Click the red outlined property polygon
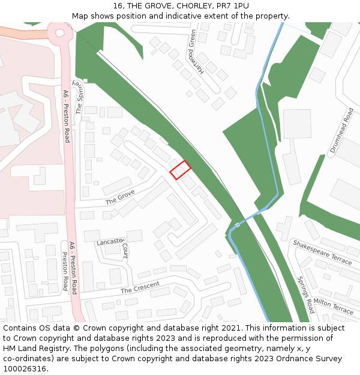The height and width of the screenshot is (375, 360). (x=180, y=170)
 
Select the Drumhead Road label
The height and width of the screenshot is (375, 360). (x=342, y=131)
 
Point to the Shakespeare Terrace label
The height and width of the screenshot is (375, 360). (x=322, y=252)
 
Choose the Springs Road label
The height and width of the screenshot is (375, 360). (x=305, y=295)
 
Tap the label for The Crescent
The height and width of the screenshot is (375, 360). (x=140, y=287)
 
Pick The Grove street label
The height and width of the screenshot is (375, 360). (x=120, y=197)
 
